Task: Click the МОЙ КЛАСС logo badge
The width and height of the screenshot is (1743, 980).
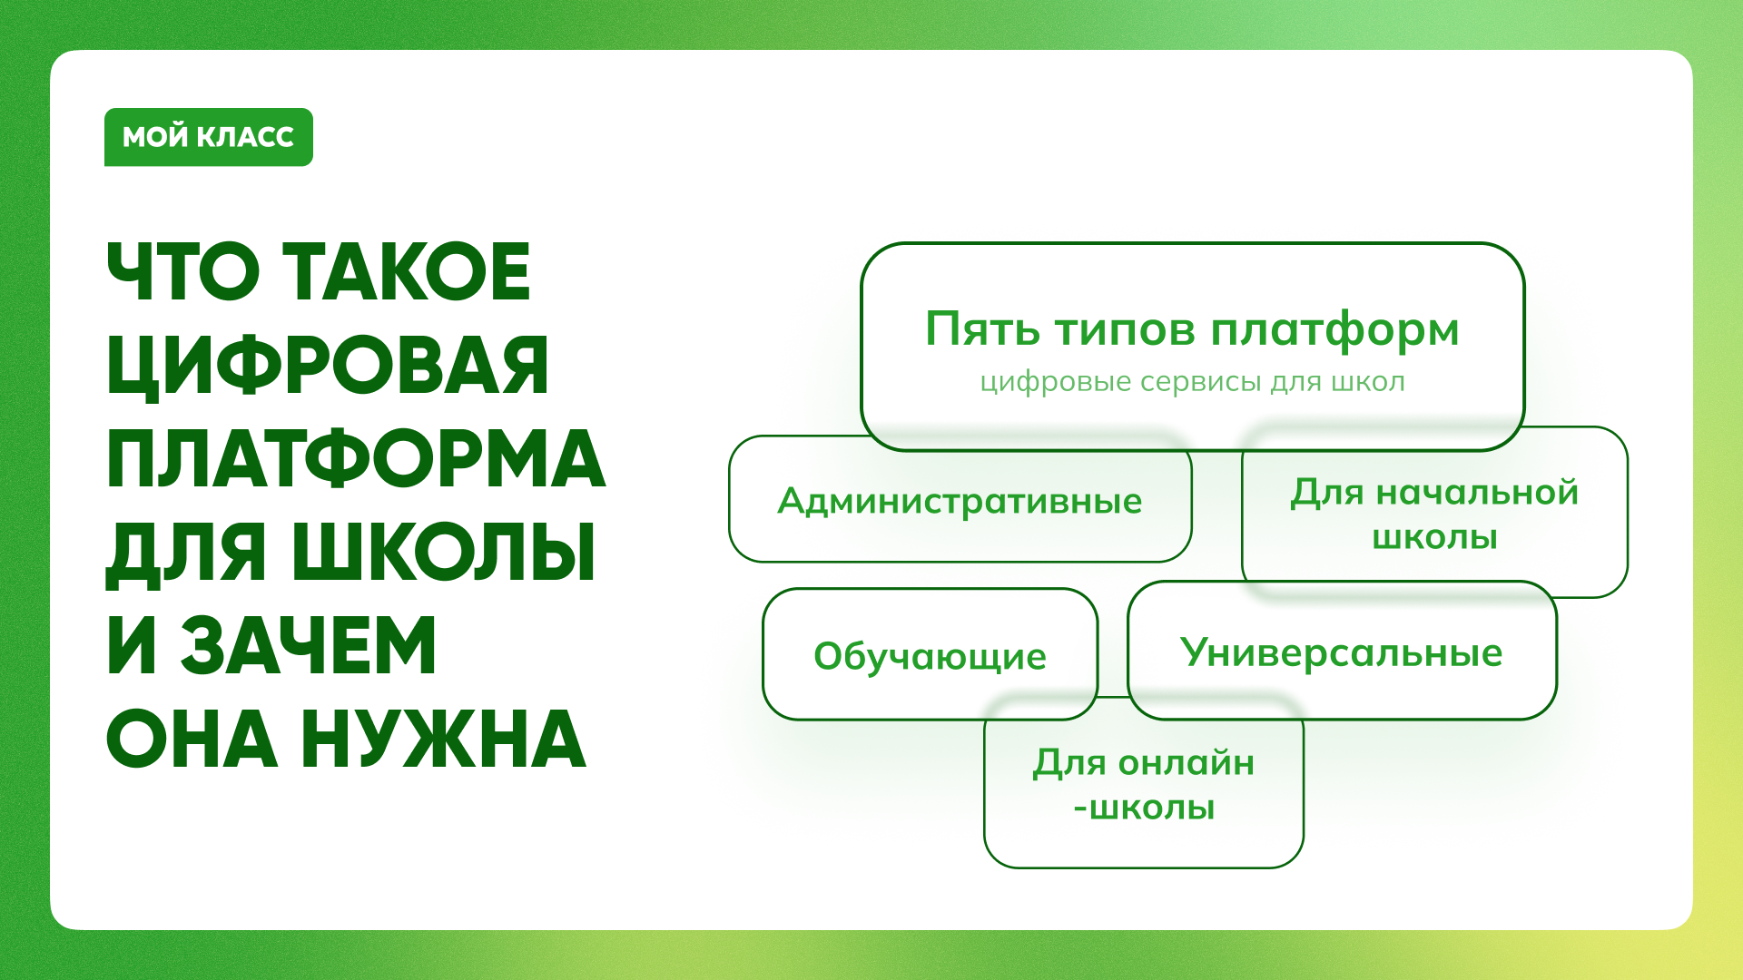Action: coord(209,137)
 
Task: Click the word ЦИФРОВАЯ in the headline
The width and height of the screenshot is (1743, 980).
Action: coord(328,366)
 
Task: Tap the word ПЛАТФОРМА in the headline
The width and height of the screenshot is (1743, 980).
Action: coord(356,459)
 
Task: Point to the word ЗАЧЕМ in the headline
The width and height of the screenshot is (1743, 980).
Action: coord(308,646)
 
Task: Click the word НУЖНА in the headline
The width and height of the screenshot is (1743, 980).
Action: coord(443,740)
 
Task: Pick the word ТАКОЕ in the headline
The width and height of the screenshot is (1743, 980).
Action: coord(407,271)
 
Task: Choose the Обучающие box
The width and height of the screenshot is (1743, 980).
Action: coord(930,654)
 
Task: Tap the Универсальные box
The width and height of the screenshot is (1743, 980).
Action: coord(1342,651)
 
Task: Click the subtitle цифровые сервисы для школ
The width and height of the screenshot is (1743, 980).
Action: coord(1192,382)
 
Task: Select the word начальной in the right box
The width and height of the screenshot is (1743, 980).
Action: coord(1477,493)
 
